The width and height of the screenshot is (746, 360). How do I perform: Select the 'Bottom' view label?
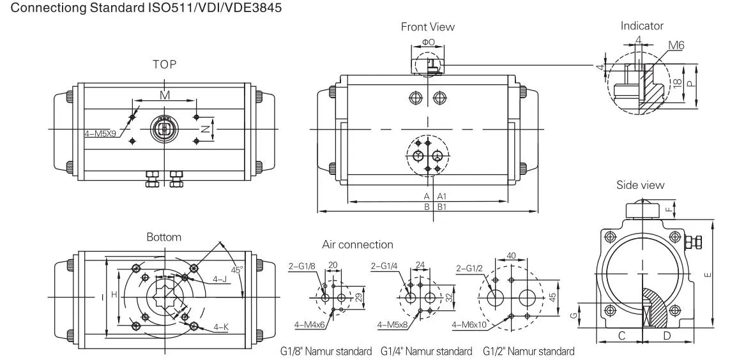[x=164, y=237]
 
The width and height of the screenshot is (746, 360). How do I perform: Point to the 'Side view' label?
[x=640, y=185]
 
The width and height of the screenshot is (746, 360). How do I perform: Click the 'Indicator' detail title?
[x=642, y=26]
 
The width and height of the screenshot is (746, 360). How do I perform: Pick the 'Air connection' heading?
[x=357, y=244]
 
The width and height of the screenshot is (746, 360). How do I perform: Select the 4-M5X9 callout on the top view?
[x=101, y=134]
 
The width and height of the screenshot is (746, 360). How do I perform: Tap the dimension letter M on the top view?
[x=164, y=95]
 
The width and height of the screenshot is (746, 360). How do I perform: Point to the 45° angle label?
[x=237, y=270]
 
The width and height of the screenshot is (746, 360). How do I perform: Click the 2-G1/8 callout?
[x=303, y=266]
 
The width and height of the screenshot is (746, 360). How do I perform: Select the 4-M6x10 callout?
[x=469, y=325]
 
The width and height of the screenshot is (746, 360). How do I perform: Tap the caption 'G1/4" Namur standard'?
[x=426, y=351]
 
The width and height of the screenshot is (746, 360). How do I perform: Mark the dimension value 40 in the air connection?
[x=511, y=255]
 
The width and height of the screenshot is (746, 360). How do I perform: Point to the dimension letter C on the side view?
[x=621, y=335]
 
